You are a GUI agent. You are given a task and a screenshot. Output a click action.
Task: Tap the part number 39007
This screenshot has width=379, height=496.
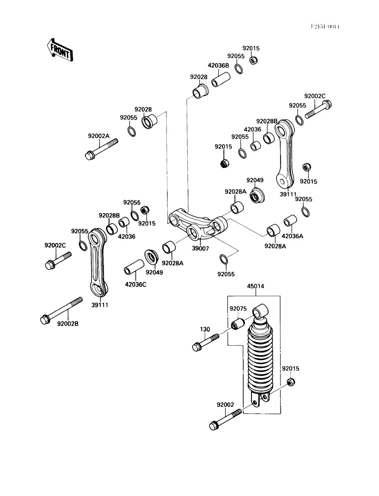pos(201,248)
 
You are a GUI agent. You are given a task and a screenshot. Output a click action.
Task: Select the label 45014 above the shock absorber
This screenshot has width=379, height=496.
pos(256,286)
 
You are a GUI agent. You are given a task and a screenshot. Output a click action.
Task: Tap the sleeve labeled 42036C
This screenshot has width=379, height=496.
pos(134,267)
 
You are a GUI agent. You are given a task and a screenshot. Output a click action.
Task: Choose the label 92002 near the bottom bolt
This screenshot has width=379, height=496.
pos(225,405)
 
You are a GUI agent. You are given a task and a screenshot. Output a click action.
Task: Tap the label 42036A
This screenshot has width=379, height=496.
pos(292,236)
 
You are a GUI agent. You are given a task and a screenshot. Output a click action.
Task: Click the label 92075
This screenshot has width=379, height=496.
pos(238,309)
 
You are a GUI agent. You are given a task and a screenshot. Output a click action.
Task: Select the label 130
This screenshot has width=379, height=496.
pos(205,329)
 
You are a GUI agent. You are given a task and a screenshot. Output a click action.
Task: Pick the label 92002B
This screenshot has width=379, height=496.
pos(68,324)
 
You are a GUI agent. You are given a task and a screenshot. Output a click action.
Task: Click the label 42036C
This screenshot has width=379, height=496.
pos(136,285)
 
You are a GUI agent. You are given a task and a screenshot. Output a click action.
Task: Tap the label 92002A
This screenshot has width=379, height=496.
pos(99,136)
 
